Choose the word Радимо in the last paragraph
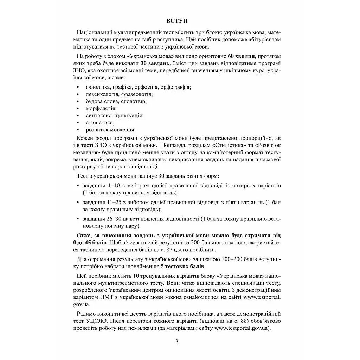[x=86, y=314]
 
